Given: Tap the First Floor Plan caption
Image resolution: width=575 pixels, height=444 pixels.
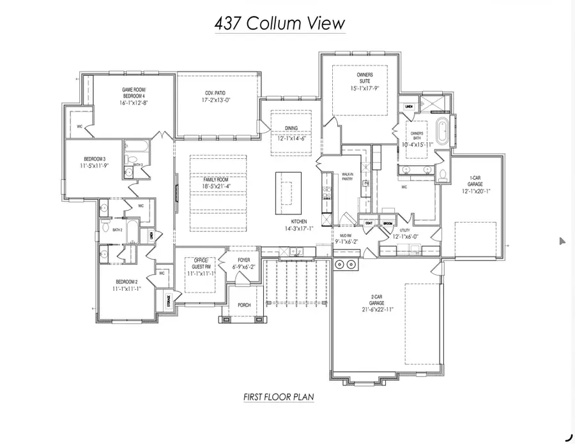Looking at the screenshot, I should (x=278, y=397).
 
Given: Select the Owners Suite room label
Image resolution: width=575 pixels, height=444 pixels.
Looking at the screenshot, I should (x=365, y=78).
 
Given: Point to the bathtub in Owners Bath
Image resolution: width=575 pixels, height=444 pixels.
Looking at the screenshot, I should (x=442, y=131).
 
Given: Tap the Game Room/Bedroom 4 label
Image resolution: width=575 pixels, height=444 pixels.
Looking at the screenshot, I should (x=134, y=93).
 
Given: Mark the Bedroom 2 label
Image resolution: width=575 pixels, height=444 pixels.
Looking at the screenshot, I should (x=126, y=281).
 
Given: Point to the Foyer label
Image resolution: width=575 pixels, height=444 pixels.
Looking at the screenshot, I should (x=243, y=260).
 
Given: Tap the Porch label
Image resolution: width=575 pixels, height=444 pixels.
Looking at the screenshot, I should (x=244, y=305).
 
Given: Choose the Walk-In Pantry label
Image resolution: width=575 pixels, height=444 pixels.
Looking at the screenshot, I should (x=348, y=177).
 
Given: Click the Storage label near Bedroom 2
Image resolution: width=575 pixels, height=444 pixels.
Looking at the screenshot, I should (x=169, y=300).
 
